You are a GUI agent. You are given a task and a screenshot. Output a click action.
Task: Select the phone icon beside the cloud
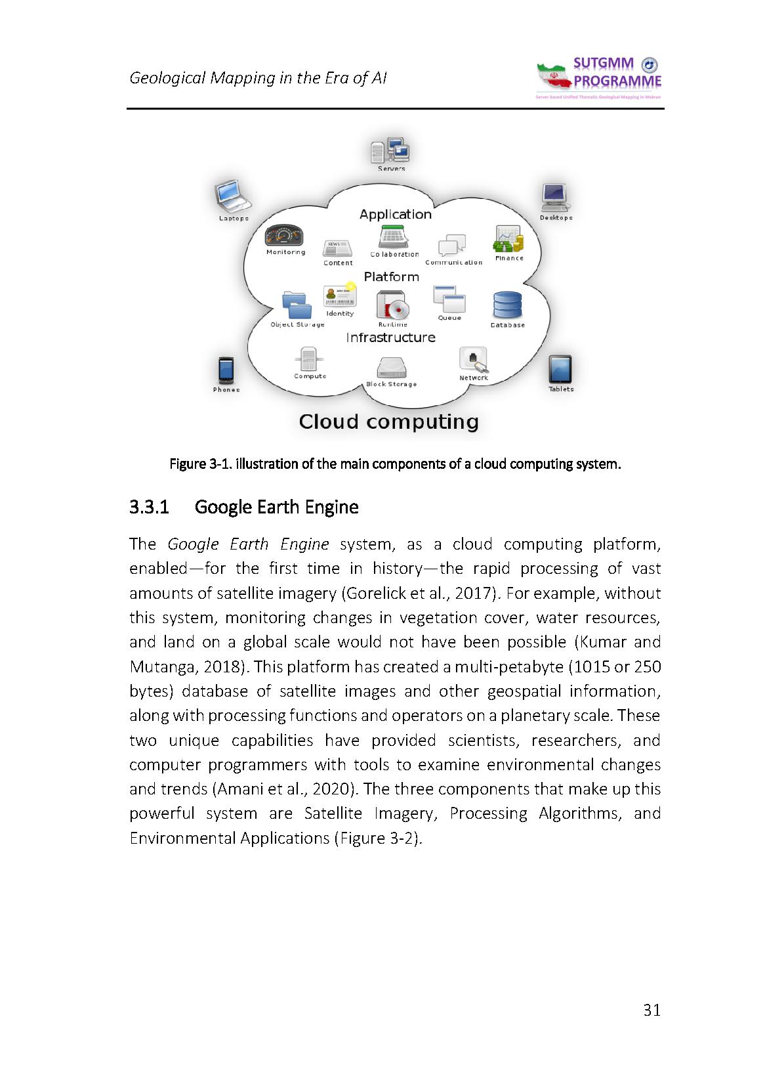tap(226, 370)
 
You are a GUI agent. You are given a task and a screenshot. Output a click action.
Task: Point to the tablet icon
tap(560, 370)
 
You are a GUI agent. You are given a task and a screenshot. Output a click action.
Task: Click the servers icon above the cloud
tap(390, 151)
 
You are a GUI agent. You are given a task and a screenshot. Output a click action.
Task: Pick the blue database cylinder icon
tap(507, 305)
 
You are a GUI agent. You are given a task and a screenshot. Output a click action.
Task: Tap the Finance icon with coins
tap(508, 239)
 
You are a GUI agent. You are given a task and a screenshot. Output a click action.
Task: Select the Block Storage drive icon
tap(392, 368)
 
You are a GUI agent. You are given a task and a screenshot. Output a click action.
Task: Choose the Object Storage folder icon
tap(297, 305)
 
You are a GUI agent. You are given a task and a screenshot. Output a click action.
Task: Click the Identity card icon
tap(340, 295)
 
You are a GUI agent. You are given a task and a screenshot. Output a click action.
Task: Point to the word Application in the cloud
tap(395, 214)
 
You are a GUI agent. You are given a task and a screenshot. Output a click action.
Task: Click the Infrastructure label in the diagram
tap(390, 337)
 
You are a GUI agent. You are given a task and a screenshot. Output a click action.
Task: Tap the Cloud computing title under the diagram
tap(388, 422)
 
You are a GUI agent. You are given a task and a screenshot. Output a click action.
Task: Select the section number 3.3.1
tap(150, 508)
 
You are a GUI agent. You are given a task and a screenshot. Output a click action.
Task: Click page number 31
tap(651, 1010)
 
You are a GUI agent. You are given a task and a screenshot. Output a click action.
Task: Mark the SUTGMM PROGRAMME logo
tap(598, 78)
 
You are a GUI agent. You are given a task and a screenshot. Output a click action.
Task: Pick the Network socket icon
tap(473, 360)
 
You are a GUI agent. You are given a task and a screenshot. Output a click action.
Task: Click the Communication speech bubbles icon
tap(452, 246)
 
